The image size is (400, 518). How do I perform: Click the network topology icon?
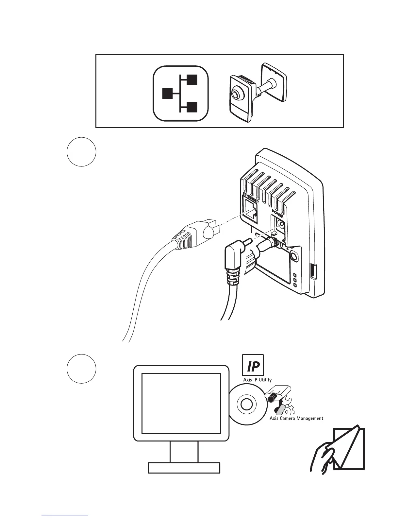(x=181, y=94)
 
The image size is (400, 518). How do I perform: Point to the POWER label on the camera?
(x=278, y=214)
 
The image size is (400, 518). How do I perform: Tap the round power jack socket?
(x=280, y=225)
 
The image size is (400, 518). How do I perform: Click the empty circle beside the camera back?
(x=81, y=152)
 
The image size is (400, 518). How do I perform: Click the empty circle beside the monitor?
(x=81, y=369)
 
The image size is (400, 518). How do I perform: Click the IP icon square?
(x=253, y=365)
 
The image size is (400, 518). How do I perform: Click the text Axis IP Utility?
(x=257, y=380)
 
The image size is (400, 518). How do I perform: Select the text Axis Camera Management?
(x=296, y=418)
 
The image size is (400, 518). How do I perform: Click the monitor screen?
(x=181, y=403)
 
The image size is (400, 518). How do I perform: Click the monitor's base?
(x=184, y=468)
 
